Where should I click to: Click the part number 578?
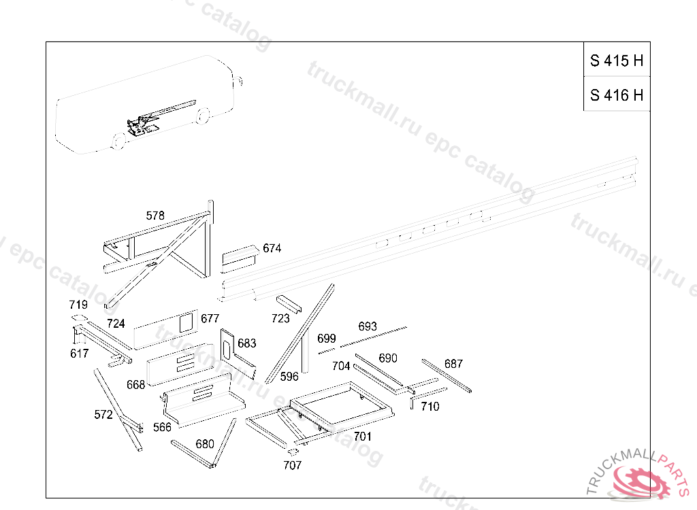pos(155,216)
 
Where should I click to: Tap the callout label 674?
pos(272,248)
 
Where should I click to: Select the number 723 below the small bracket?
pos(280,318)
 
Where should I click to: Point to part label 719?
pos(78,305)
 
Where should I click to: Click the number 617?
pos(80,353)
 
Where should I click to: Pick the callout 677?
pos(210,318)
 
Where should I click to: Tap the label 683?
pos(246,343)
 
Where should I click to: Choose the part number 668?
pos(136,384)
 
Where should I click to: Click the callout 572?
pos(103,415)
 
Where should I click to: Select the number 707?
pos(293,465)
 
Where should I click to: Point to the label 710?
pos(430,406)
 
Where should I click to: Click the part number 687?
pos(453,364)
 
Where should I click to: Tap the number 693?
pos(368,326)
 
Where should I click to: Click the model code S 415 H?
pos(617,61)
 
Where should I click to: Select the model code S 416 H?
pos(617,95)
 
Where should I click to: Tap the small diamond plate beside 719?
pos(80,318)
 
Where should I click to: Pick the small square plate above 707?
pos(293,452)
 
